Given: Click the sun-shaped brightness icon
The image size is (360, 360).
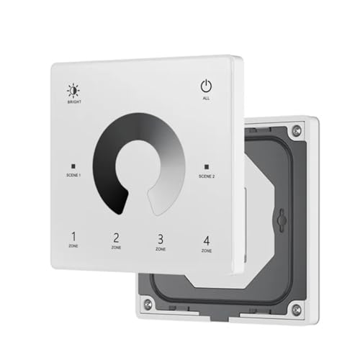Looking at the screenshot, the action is point(73,91).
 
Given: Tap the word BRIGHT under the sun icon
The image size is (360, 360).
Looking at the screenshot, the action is point(74,102).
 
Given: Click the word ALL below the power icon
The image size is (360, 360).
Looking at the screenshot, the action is point(206,98).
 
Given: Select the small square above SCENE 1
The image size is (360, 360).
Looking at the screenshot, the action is point(73,166).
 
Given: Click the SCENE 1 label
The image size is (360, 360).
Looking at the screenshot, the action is point(73,175).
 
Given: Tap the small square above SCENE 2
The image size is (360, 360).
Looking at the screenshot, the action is point(207,166).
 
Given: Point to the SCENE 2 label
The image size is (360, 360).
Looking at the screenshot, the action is point(207,176).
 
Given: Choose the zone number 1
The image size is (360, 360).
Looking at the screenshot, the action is point(73,236).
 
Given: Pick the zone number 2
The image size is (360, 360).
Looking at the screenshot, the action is point(117,238).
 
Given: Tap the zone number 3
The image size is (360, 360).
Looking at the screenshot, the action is point(161,239).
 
